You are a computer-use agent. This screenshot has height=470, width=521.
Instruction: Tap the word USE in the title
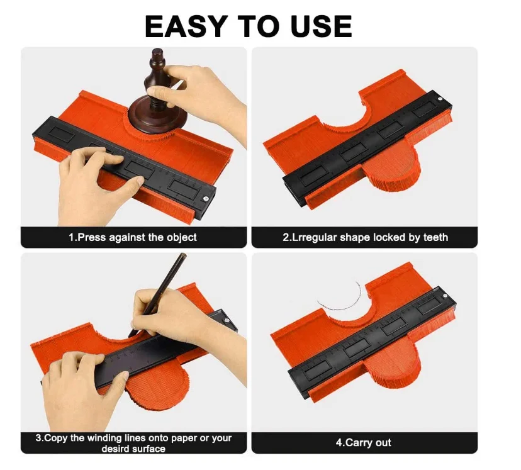pyautogui.click(x=322, y=26)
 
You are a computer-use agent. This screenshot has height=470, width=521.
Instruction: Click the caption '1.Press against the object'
pyautogui.click(x=133, y=237)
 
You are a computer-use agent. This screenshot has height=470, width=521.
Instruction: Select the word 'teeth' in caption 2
pyautogui.click(x=435, y=237)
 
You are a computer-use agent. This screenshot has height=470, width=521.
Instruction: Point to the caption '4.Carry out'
pyautogui.click(x=363, y=442)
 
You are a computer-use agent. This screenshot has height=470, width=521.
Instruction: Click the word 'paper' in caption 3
pyautogui.click(x=184, y=439)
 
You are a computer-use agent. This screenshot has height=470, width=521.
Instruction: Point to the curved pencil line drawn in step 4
pyautogui.click(x=342, y=301)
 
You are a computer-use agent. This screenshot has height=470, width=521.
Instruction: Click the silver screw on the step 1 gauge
pyautogui.click(x=205, y=199)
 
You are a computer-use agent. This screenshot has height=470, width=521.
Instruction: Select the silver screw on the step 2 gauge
pyautogui.click(x=440, y=98)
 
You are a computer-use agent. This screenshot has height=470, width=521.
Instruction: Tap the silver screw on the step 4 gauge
pyautogui.click(x=445, y=296)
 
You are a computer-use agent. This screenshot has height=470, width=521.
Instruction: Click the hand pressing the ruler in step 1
pyautogui.click(x=96, y=186)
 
